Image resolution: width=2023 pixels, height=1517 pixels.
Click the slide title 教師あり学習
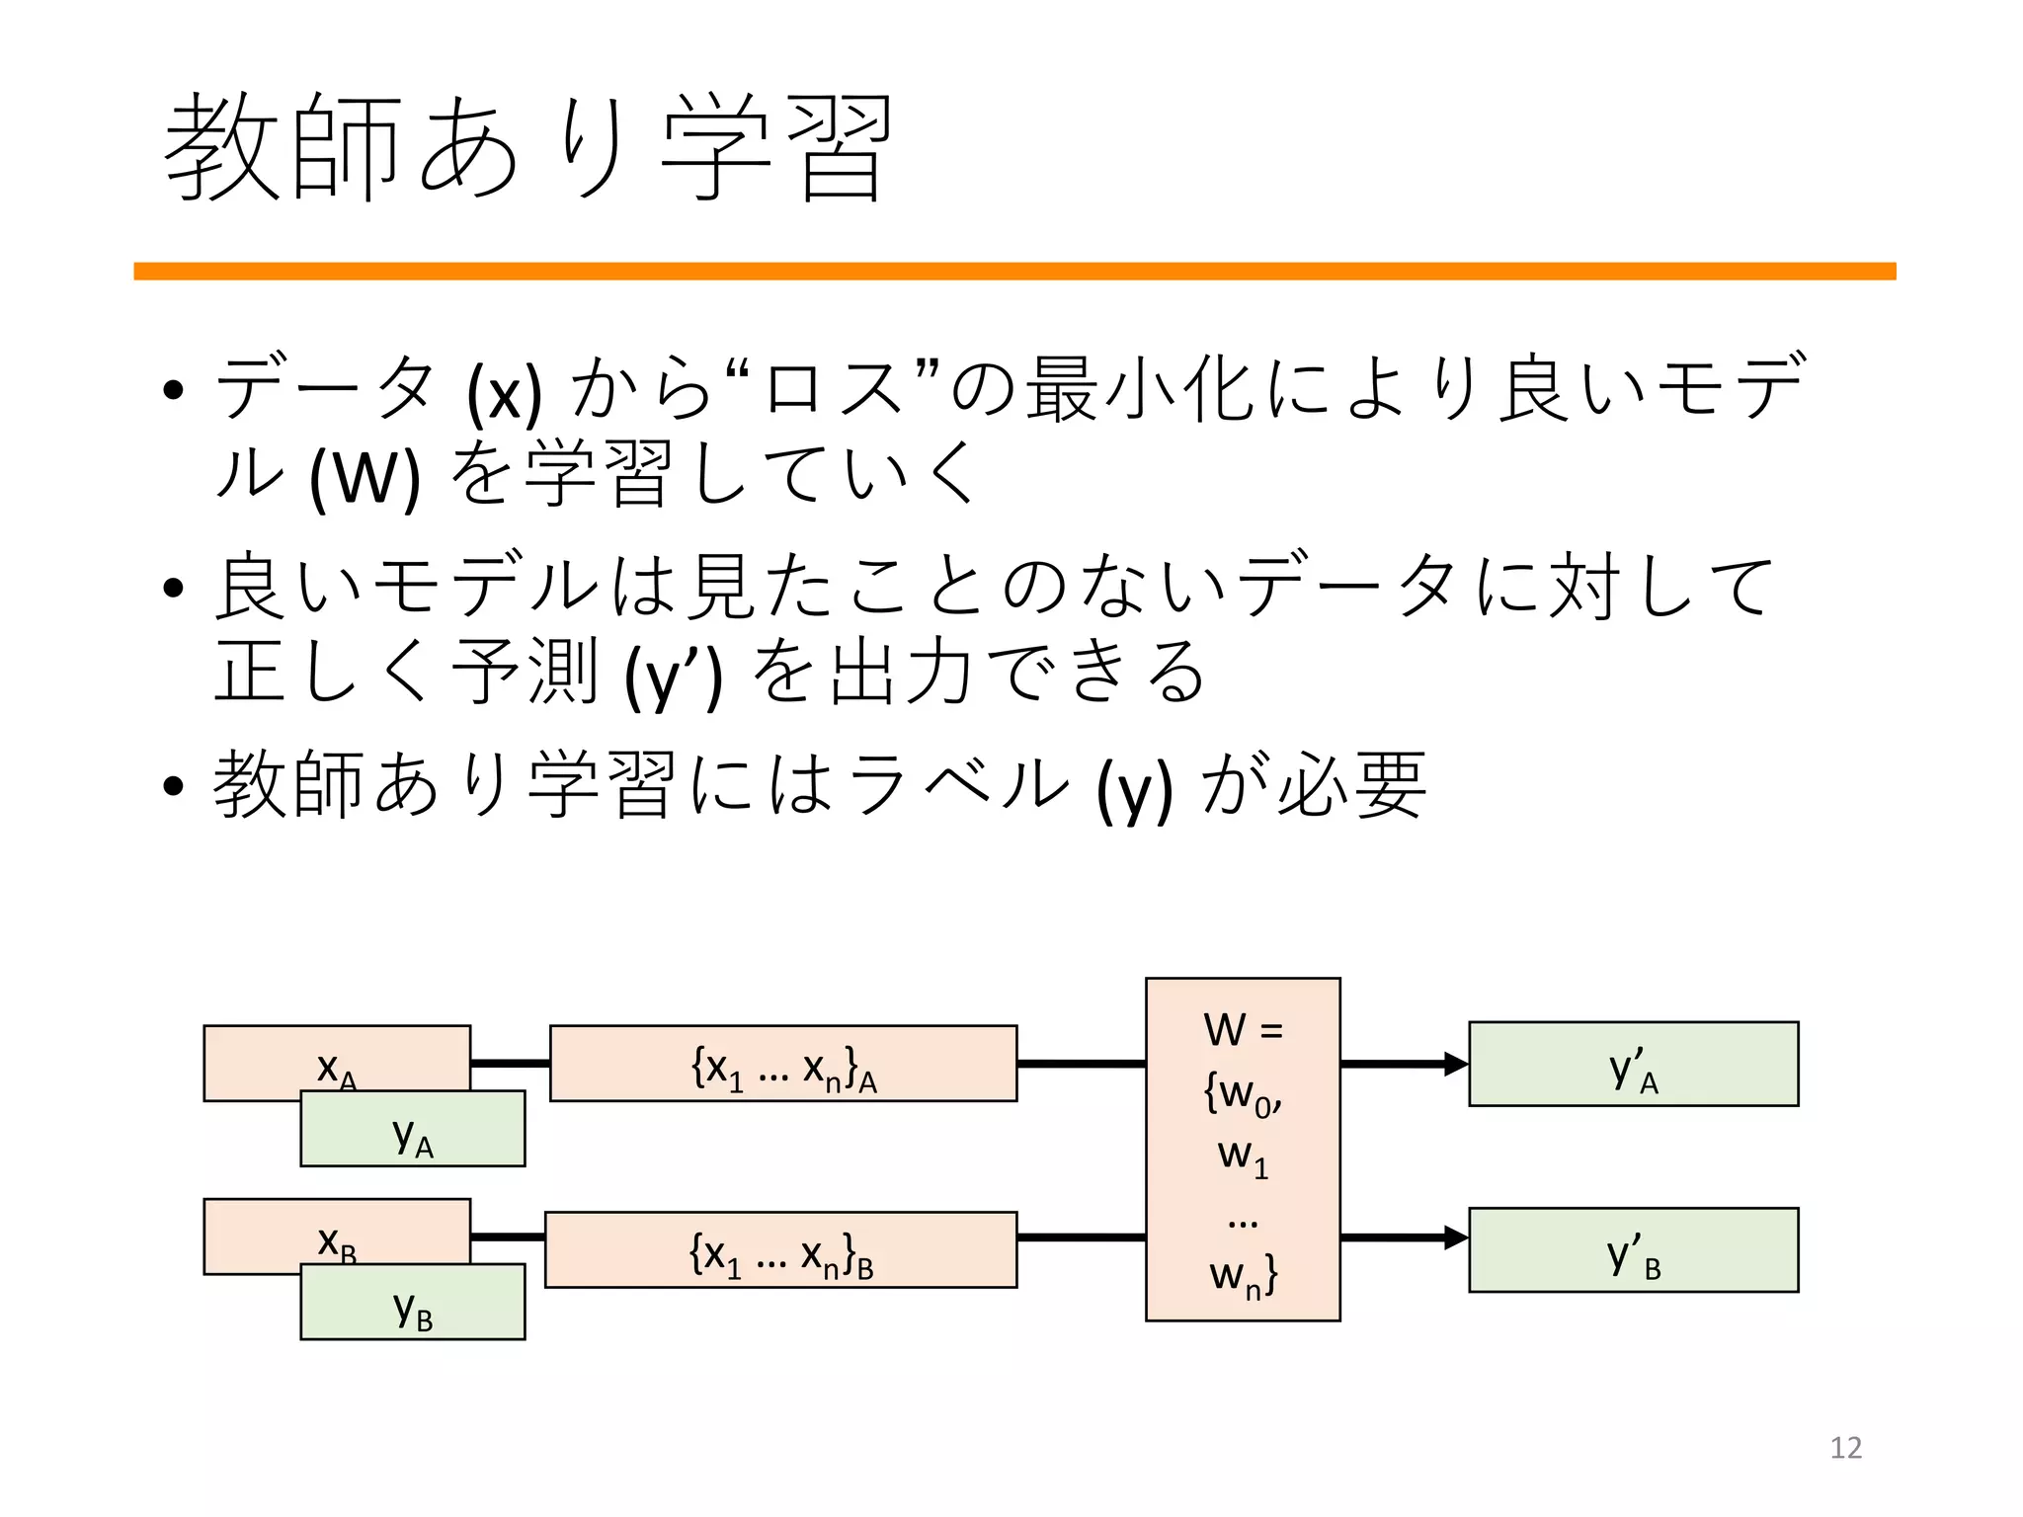coord(528,148)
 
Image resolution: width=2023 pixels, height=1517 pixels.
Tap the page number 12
coord(1845,1447)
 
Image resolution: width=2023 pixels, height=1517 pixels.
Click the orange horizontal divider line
coord(1014,272)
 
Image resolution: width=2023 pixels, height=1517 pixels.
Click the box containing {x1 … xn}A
coord(783,1064)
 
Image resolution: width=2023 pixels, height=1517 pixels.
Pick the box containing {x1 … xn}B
coord(780,1250)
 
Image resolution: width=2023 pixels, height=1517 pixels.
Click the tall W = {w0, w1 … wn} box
coord(1243,1150)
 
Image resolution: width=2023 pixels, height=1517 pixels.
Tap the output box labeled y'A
coord(1633,1065)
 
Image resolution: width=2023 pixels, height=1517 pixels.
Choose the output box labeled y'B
coord(1633,1250)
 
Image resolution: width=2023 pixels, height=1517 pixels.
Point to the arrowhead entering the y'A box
coord(1456,1064)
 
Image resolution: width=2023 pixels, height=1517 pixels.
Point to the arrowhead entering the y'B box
coord(1456,1238)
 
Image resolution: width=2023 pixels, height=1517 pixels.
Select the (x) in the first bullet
coord(504,393)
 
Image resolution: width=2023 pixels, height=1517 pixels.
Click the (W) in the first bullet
coord(364,478)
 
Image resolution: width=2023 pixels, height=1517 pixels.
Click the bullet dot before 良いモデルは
coord(174,589)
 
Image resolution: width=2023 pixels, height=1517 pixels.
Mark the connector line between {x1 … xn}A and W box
coord(1081,1064)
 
